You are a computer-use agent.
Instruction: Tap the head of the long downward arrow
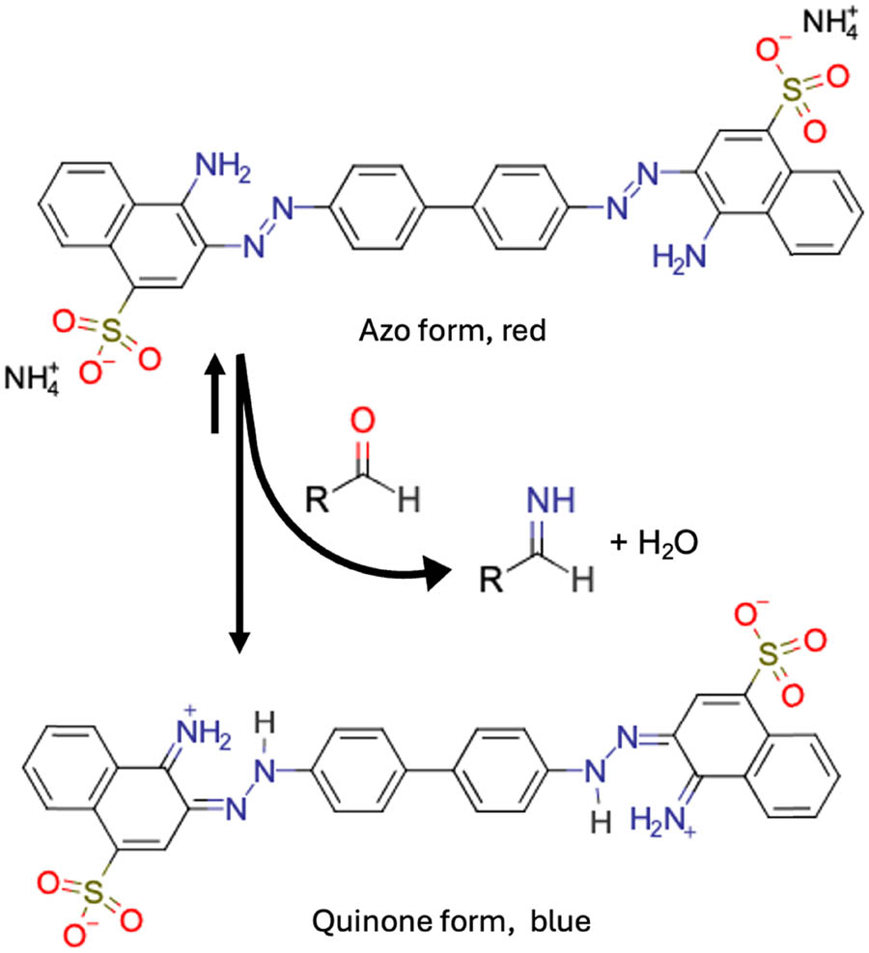239,641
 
